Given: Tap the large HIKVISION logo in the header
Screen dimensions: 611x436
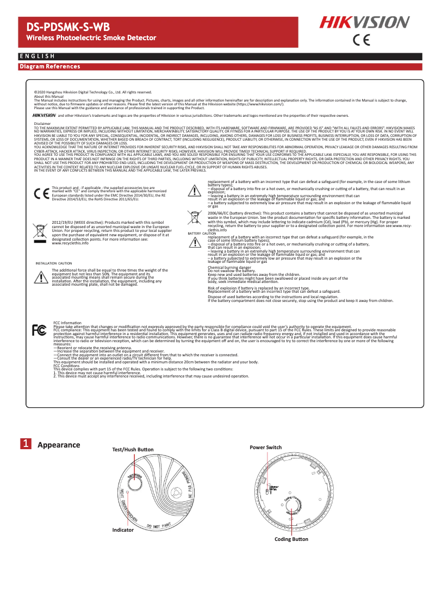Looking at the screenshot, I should click(364, 22).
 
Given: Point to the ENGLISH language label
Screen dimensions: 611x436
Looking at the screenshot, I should click(36, 56).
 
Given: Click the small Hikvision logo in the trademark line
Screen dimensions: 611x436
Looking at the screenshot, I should click(44, 115).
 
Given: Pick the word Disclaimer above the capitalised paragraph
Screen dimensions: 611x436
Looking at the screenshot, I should click(42, 124).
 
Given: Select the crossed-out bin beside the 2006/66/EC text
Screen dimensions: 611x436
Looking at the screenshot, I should click(194, 218).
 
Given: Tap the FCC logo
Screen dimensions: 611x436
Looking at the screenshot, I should click(39, 330).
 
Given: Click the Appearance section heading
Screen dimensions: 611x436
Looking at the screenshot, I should click(59, 445).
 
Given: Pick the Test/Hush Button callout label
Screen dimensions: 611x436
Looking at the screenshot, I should click(133, 450).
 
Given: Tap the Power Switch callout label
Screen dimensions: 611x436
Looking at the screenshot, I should click(265, 447).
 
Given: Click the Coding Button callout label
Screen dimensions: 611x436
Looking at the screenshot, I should click(291, 539).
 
